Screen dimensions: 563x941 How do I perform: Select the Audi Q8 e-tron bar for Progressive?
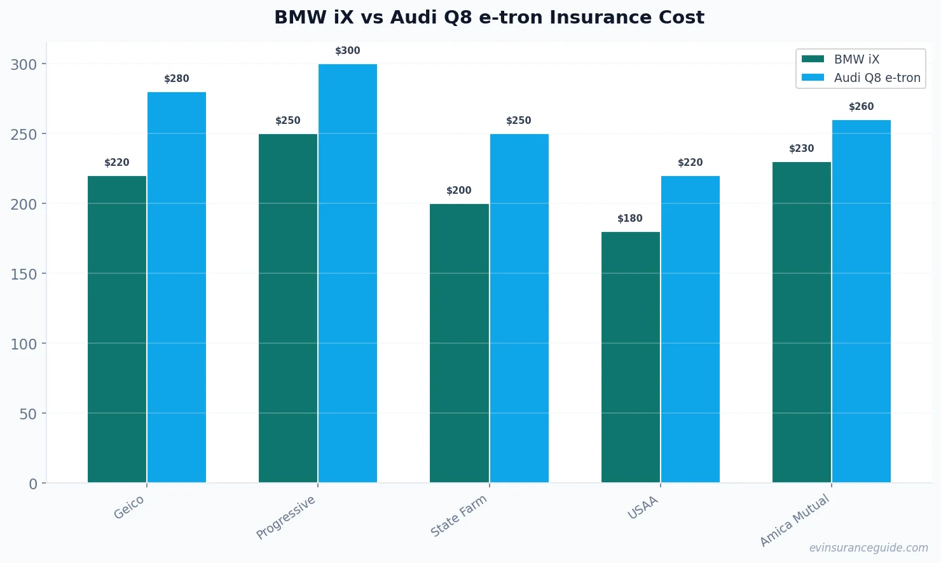click(x=348, y=273)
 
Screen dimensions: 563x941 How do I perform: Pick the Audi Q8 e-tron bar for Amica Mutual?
click(x=861, y=301)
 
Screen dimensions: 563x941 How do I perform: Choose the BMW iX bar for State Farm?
click(x=459, y=343)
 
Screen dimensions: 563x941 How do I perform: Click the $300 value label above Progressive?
click(x=348, y=51)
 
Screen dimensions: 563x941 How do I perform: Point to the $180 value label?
click(x=630, y=219)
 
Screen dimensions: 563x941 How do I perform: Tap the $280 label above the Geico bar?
click(x=177, y=79)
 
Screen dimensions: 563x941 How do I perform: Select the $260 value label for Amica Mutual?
click(x=861, y=107)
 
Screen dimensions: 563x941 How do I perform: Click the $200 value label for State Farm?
click(x=459, y=191)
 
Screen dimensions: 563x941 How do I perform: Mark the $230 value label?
click(x=801, y=149)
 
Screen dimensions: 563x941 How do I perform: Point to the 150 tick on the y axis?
click(x=24, y=274)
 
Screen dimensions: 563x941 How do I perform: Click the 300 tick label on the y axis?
click(x=24, y=64)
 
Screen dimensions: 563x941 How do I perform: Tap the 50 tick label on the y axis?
click(x=28, y=414)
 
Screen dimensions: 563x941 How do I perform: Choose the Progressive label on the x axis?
click(x=286, y=517)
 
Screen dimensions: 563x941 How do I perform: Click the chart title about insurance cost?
click(x=489, y=17)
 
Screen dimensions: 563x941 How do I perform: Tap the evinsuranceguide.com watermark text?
click(x=869, y=548)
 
